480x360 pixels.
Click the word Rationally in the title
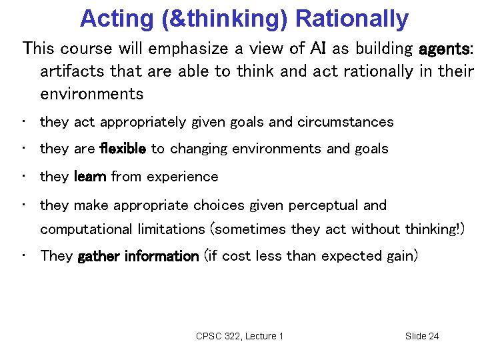(x=352, y=19)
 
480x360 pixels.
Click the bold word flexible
(x=122, y=149)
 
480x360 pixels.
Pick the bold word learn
(x=90, y=177)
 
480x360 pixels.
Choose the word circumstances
(x=345, y=122)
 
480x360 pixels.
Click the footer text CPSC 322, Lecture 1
(x=239, y=336)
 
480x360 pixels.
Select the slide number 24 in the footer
(x=433, y=336)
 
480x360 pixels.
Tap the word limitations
(x=172, y=229)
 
